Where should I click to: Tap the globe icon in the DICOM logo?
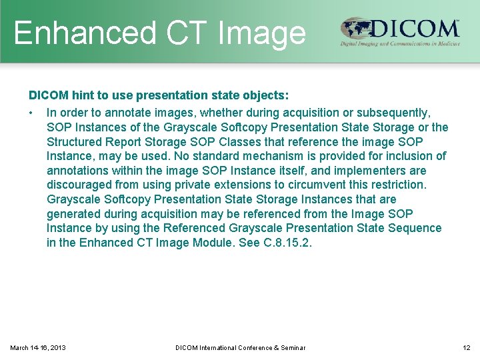356,29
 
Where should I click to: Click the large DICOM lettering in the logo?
415,29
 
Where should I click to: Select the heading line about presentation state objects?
159,96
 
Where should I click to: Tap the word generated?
73,213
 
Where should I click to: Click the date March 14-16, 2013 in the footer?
38,347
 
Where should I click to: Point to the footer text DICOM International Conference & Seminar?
240,347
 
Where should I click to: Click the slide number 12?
466,347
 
